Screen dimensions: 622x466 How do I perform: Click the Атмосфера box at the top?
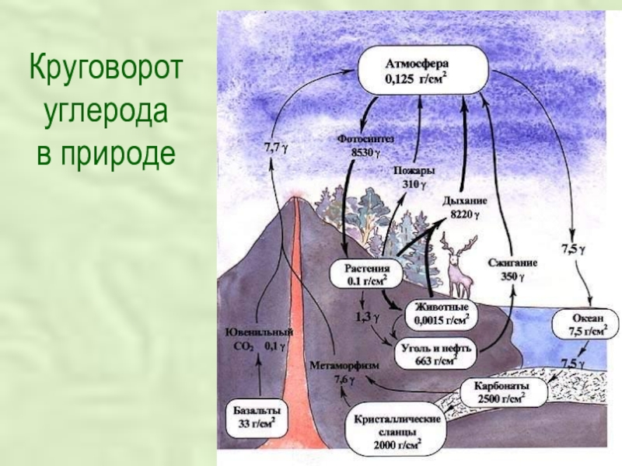tap(423, 70)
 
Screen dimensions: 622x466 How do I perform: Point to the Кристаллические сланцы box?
tap(397, 432)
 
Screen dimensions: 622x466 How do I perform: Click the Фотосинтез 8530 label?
tap(366, 145)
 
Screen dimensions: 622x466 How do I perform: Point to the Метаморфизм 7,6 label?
tap(343, 372)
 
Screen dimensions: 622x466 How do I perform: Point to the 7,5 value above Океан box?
tap(573, 249)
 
